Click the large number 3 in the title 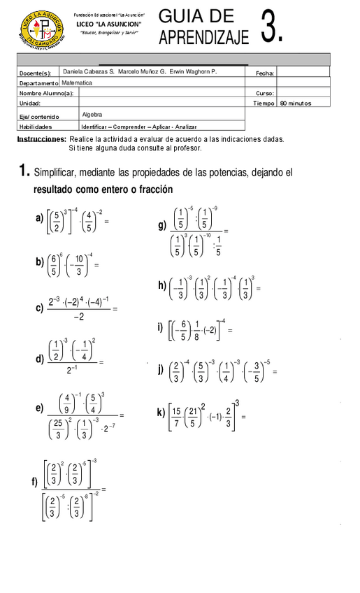(272, 29)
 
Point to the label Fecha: (265, 73)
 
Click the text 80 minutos (295, 103)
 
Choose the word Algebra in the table (93, 114)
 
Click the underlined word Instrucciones (41, 139)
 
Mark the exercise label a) (39, 218)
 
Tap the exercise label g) (162, 225)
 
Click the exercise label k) (161, 413)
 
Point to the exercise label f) (34, 483)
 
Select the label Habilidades (36, 127)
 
